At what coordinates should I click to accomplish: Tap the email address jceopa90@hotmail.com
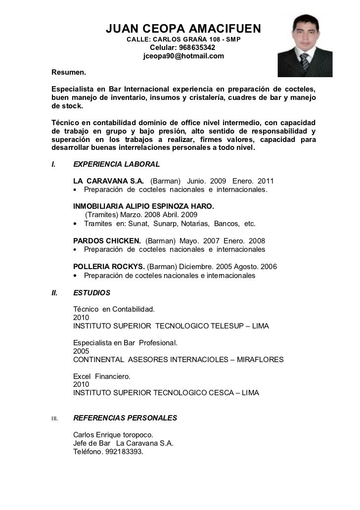click(183, 56)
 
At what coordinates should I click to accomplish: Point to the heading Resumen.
click(69, 73)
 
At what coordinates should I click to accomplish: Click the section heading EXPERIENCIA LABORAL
click(116, 164)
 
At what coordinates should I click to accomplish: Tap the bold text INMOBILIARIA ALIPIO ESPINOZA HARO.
click(143, 206)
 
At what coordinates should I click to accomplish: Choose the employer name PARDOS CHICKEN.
click(107, 241)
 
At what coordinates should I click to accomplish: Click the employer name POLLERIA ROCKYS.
click(109, 267)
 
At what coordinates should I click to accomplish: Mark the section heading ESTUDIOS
click(91, 292)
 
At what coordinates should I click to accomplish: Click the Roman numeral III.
click(55, 418)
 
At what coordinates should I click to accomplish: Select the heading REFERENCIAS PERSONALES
click(125, 418)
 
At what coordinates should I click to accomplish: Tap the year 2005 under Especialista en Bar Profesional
click(81, 351)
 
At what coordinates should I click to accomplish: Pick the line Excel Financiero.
click(102, 376)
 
